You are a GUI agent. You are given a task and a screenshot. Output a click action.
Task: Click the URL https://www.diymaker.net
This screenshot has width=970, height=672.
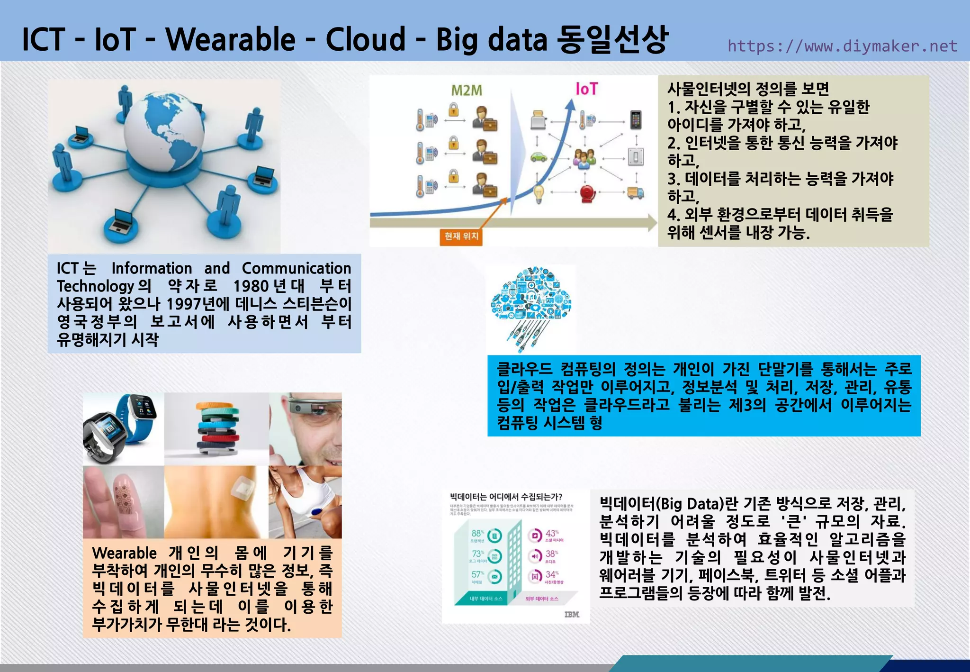tap(842, 46)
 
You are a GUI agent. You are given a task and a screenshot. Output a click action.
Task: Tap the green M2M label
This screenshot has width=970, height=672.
tap(466, 90)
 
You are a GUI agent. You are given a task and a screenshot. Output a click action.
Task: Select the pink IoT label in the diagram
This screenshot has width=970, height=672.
tap(586, 89)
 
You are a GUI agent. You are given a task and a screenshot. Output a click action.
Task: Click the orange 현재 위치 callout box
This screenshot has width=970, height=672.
tap(461, 236)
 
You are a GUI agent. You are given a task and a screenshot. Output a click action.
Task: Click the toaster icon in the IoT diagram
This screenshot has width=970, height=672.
tap(538, 120)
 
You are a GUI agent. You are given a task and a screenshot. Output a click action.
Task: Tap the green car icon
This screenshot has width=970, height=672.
tap(538, 156)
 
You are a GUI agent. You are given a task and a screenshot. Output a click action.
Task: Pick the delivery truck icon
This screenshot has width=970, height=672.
tap(635, 192)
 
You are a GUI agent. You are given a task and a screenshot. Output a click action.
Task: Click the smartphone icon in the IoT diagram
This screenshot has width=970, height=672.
tap(636, 120)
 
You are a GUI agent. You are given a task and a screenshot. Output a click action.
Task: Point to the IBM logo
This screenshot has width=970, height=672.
tap(572, 614)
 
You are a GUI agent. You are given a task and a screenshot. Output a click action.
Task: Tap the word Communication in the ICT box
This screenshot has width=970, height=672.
tap(296, 268)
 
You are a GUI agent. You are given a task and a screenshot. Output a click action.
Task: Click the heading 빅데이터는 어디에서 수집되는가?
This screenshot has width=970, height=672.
tap(506, 497)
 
